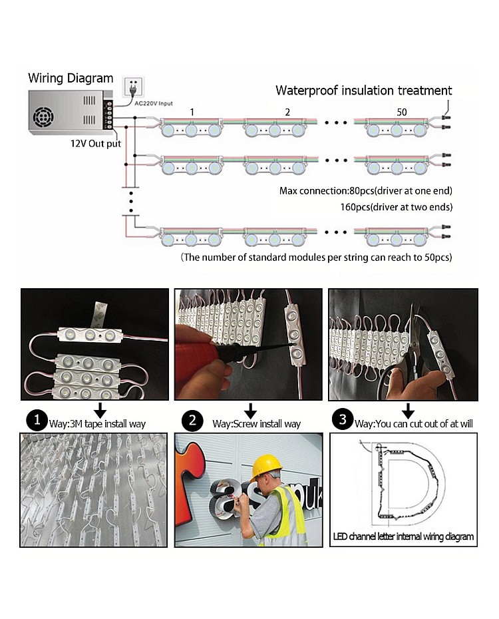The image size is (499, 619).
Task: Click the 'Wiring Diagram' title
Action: (x=71, y=79)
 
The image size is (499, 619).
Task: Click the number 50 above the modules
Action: (x=401, y=112)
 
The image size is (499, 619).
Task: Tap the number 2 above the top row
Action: (x=287, y=112)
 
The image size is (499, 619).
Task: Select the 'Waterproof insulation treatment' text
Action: (x=364, y=91)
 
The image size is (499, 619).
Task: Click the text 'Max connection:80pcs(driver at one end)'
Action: (x=366, y=192)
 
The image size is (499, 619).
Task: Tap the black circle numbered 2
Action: (x=192, y=421)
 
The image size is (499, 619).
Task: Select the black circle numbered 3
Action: (x=343, y=419)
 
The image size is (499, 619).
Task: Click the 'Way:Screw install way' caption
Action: (x=256, y=424)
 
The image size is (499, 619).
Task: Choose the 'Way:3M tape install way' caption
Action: (x=97, y=424)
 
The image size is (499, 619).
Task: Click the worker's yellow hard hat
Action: (x=266, y=465)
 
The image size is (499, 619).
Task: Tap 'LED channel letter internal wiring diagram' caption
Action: (x=403, y=536)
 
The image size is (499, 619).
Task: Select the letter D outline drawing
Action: (x=406, y=481)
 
